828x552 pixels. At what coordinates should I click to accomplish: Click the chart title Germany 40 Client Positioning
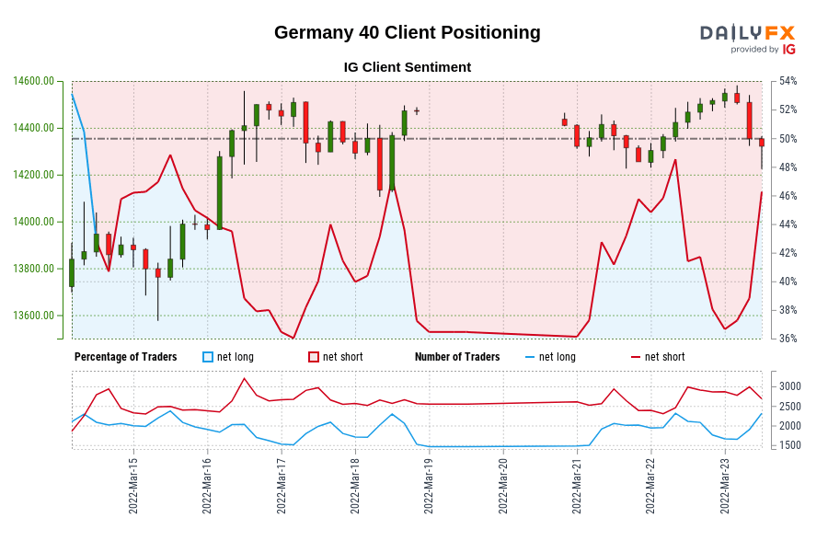coord(407,32)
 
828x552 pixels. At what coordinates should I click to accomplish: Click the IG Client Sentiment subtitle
coord(407,67)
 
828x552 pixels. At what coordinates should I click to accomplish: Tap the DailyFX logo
coord(747,38)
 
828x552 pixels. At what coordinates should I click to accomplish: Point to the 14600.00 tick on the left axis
coord(33,81)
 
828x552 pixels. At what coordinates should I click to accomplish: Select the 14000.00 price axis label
coord(33,222)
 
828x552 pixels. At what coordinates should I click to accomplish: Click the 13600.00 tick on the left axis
coord(33,316)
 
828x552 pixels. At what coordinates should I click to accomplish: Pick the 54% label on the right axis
coord(788,81)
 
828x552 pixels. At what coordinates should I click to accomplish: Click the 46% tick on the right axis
coord(788,196)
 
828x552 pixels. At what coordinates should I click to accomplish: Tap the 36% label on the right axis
coord(788,339)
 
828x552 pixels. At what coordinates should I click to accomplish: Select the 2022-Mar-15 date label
coord(133,486)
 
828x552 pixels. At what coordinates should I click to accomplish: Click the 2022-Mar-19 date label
coord(429,486)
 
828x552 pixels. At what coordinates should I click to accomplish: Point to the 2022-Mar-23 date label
coord(725,486)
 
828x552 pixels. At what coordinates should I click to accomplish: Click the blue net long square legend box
coord(208,357)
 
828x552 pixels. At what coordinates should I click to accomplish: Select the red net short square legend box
coord(314,357)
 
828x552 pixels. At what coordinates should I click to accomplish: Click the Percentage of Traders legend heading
coord(126,357)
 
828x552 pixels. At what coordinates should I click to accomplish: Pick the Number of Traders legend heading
coord(457,357)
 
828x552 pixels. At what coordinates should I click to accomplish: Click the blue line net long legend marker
coord(530,357)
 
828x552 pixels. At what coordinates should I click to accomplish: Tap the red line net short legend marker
coord(636,357)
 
